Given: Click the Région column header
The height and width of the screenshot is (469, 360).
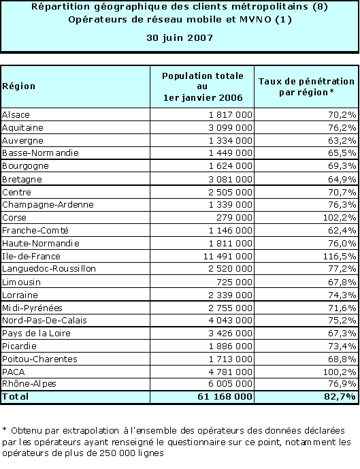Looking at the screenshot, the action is pos(18,86).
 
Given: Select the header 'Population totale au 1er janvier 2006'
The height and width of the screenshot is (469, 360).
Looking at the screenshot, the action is pos(203,86).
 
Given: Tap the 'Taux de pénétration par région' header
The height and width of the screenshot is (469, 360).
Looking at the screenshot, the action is pos(306,86).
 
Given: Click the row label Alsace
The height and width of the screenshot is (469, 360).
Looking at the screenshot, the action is pos(16,114).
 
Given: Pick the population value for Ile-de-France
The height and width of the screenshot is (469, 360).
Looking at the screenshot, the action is pos(228,257).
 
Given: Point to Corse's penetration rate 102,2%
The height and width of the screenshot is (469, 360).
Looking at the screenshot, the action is pos(340,217).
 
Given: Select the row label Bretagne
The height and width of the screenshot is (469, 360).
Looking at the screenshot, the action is pos(22,179).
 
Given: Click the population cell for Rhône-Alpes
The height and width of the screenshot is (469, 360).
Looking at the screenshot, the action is pos(230,384).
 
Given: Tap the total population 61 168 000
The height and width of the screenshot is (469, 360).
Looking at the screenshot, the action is pos(225,397).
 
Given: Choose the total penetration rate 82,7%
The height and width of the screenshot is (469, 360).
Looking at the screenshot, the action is pos(340,397).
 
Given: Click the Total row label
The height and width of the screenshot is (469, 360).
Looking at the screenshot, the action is pos(15,397).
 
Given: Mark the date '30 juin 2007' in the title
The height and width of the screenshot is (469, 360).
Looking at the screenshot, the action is pos(180,38).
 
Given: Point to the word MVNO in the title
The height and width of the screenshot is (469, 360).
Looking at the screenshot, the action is pos(255,20).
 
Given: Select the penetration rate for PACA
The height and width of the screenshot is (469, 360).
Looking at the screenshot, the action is pos(340,372).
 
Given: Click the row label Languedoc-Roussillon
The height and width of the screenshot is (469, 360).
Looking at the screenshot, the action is pos(49,269).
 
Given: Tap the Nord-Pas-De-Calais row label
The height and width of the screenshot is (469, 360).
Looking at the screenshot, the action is pos(44,321).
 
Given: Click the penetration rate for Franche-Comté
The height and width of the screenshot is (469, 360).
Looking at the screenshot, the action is pos(342,231).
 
